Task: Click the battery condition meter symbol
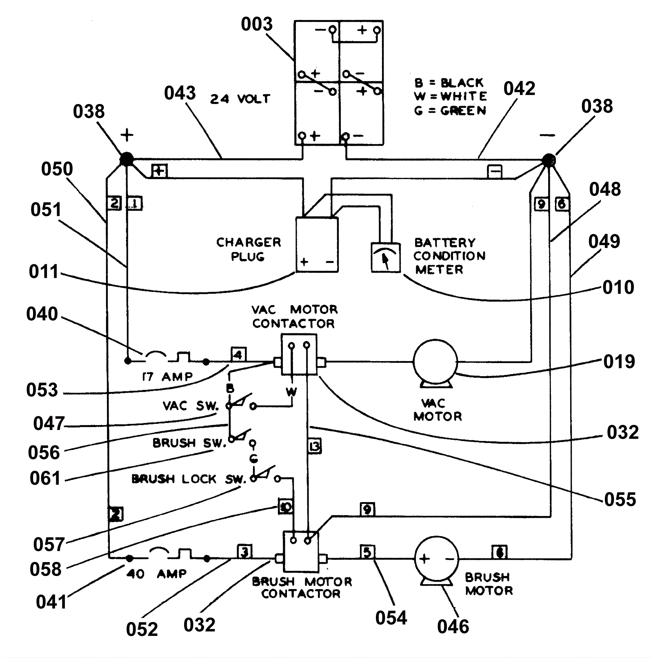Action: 385,257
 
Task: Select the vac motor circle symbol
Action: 435,361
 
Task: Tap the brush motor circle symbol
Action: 436,558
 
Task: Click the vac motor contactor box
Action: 299,354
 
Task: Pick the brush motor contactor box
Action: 301,552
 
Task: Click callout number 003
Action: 256,24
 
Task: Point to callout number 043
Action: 180,93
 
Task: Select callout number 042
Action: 519,89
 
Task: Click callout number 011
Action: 44,272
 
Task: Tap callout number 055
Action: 620,499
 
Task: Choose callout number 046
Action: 453,627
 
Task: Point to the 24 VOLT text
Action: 240,99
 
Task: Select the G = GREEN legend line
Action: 450,111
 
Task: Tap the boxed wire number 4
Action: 238,354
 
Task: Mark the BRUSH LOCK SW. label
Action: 189,479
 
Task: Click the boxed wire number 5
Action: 367,552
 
